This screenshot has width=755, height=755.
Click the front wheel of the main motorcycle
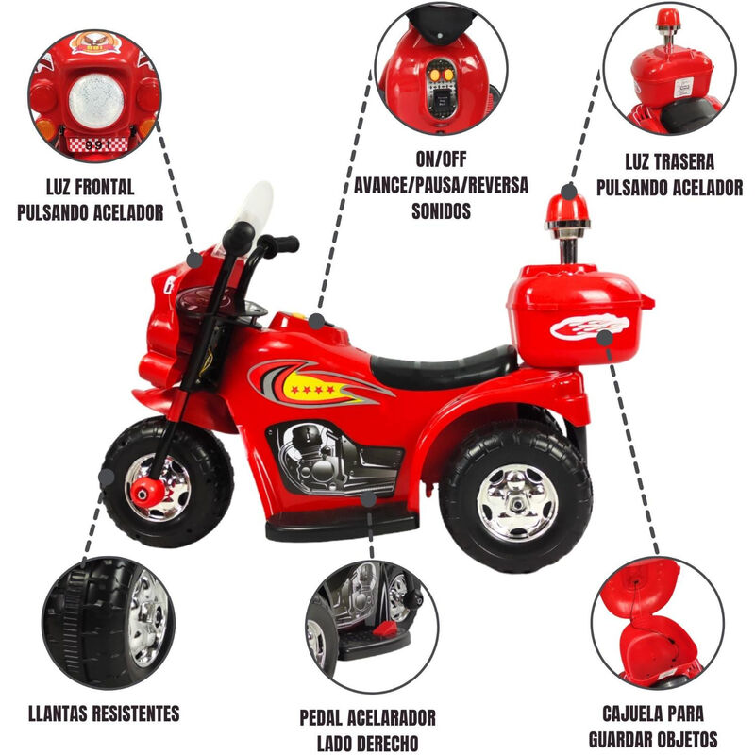click(167, 482)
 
